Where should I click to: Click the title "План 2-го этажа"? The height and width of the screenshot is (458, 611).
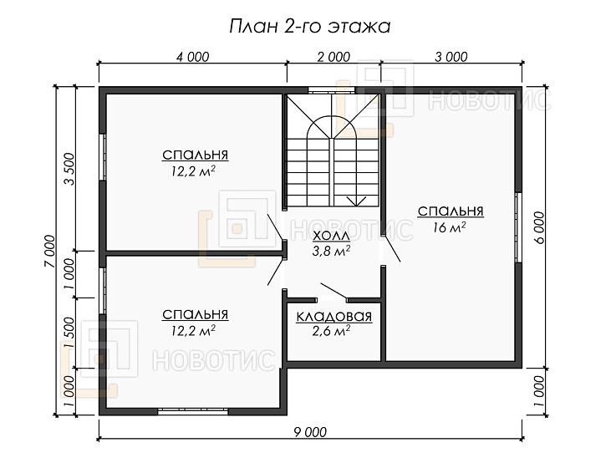[x=309, y=27]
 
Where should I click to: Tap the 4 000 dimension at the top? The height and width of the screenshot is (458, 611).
[x=192, y=57]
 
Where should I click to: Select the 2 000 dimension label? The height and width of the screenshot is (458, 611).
[x=334, y=57]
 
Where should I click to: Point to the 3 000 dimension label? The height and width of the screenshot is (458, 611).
[x=451, y=57]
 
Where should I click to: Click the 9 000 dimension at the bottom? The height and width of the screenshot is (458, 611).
[x=310, y=432]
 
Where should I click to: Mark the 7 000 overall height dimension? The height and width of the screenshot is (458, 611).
[x=50, y=252]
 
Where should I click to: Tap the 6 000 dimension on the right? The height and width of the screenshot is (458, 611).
[x=539, y=227]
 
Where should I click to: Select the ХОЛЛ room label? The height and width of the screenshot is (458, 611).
[x=331, y=236]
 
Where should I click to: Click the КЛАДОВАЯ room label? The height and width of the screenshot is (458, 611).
[x=334, y=317]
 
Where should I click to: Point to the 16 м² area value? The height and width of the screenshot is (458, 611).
[x=450, y=227]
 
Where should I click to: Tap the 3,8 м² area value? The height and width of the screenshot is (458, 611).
[x=331, y=251]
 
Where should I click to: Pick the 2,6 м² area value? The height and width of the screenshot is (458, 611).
[x=331, y=330]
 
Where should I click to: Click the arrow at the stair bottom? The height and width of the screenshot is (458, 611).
[x=356, y=201]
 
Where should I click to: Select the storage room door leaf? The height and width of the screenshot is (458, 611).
[x=334, y=292]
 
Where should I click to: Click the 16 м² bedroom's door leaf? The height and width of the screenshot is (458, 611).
[x=392, y=248]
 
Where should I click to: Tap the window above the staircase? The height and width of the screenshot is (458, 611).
[x=331, y=90]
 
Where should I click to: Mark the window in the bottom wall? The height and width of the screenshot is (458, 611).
[x=193, y=411]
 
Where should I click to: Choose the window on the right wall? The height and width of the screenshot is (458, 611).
[x=518, y=227]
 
